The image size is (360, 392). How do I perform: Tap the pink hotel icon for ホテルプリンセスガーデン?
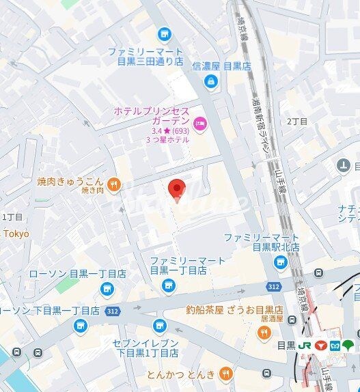199,124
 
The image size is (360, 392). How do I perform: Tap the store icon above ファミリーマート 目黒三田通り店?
164,33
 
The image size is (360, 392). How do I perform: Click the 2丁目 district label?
297,121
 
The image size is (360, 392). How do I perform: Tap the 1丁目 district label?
12,216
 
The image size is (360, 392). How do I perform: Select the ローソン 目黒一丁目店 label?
77,274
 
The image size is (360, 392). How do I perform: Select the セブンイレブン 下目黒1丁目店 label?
146,348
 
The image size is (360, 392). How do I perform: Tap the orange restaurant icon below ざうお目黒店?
263,332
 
